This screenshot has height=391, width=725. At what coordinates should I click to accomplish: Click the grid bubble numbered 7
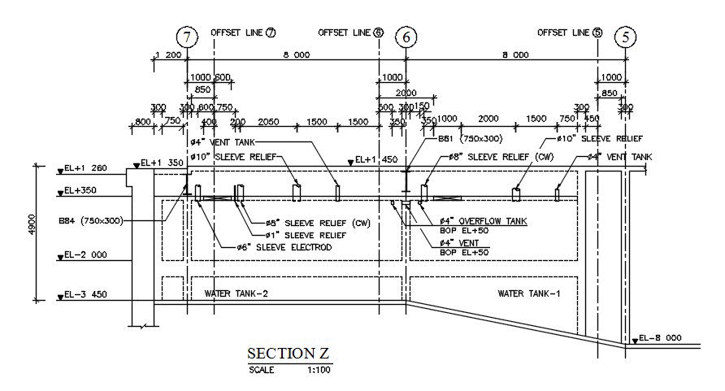[188, 37]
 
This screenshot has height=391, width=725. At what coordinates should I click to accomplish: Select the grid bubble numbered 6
[406, 37]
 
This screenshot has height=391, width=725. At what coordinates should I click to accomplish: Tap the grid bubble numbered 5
[625, 37]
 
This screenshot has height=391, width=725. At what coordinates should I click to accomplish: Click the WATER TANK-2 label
[236, 293]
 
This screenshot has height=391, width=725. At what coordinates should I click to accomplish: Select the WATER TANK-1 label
[528, 293]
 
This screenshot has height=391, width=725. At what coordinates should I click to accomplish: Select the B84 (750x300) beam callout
[90, 220]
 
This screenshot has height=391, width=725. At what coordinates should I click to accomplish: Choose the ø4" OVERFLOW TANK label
[483, 220]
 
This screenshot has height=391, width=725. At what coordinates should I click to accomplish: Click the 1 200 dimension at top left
[167, 55]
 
